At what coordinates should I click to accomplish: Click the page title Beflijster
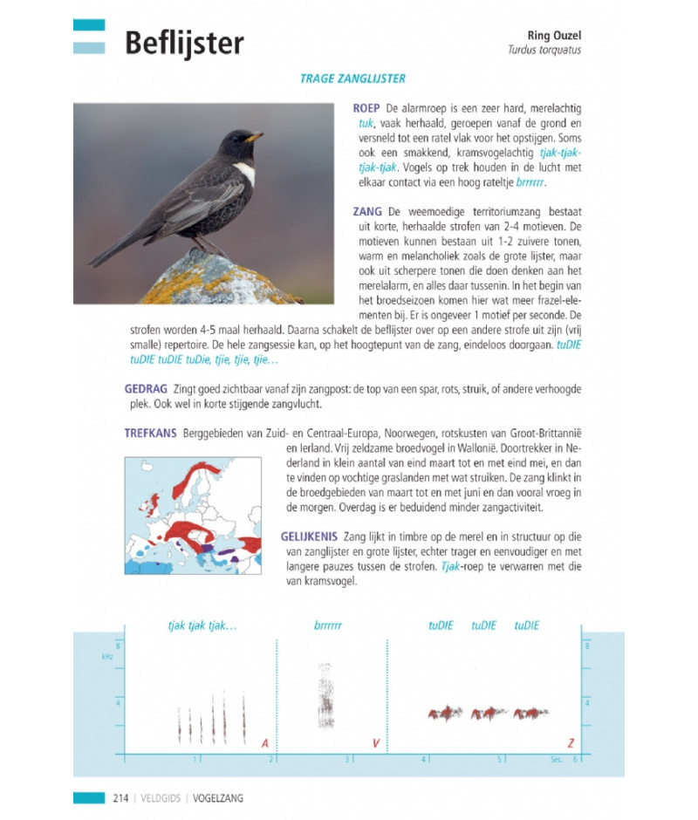click(x=184, y=43)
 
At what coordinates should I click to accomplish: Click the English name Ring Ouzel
click(x=554, y=35)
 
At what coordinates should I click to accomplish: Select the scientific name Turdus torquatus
click(x=544, y=50)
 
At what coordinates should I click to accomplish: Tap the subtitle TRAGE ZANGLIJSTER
click(x=352, y=79)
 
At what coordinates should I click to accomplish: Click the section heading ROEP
click(x=366, y=107)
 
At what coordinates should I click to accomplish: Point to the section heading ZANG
click(x=367, y=211)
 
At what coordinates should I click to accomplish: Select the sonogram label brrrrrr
click(x=328, y=625)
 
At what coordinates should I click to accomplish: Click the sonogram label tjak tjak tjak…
click(x=202, y=625)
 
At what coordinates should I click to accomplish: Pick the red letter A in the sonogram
click(x=264, y=743)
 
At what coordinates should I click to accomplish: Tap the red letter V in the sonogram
click(x=375, y=743)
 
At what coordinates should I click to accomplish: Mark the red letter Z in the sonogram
click(x=571, y=743)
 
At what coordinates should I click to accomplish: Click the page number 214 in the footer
click(x=120, y=797)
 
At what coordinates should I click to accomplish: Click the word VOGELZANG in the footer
click(x=218, y=797)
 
